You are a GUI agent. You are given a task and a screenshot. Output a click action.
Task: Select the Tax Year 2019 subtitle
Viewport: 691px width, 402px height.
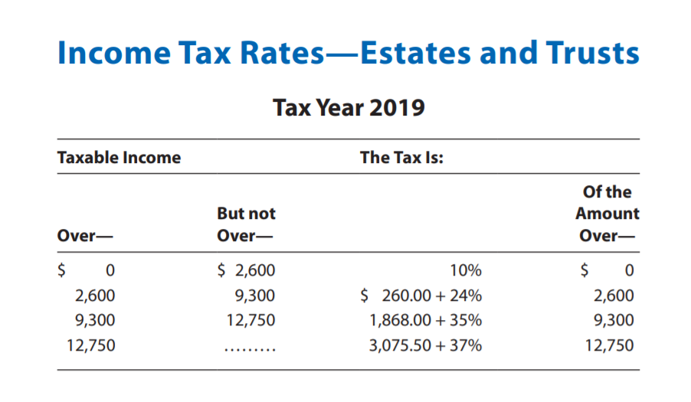pos(349,107)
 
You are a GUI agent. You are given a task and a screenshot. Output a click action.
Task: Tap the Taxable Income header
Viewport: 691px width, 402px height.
pos(120,158)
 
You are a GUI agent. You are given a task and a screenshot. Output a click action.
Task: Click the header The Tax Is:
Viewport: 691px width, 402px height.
pos(402,158)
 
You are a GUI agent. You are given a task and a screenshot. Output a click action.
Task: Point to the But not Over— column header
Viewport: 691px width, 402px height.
pos(246,224)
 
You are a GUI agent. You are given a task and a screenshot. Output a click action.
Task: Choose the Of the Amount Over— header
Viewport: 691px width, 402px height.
pos(607,214)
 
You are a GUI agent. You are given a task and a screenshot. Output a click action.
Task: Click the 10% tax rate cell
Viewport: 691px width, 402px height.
pos(466,270)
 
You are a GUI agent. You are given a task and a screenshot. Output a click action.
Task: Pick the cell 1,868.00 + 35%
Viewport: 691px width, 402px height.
pos(426,320)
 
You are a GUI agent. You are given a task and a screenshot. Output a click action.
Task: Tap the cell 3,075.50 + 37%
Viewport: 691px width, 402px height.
pos(426,345)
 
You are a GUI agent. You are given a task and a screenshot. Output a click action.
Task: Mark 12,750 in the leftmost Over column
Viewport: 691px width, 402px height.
pos(91,345)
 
